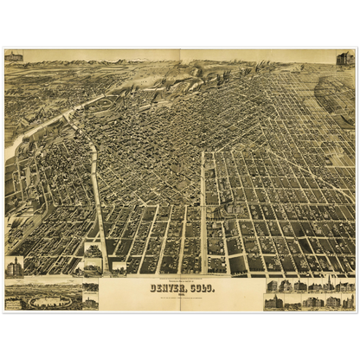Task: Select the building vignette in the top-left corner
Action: click(14, 56)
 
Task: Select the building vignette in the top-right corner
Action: click(345, 58)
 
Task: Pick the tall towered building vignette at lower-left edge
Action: click(14, 267)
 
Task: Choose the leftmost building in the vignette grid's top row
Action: click(272, 286)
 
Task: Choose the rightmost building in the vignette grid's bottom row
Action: click(347, 302)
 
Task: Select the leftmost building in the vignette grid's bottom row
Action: click(272, 302)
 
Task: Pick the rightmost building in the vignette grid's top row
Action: click(347, 286)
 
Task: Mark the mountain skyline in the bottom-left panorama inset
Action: click(43, 283)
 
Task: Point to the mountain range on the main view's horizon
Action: click(173, 64)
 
